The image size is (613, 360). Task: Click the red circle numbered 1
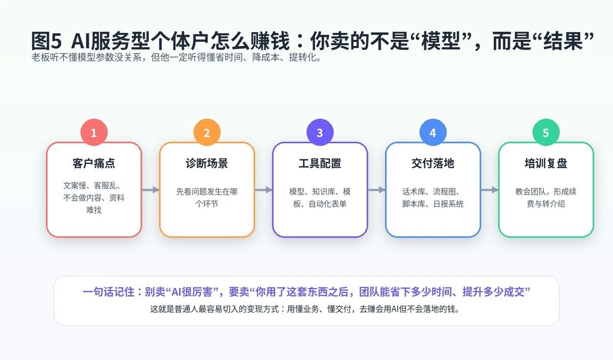94,132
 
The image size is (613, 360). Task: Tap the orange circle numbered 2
207,132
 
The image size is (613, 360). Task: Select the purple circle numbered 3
320,132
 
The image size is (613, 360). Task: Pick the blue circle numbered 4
433,132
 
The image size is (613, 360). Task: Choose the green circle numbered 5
546,132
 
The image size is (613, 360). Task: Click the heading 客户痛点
94,163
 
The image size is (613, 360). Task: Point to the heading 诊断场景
207,163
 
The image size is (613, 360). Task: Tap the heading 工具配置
320,163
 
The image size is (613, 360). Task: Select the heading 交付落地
433,163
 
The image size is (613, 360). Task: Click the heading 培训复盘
546,163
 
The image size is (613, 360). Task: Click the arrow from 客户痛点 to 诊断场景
151,190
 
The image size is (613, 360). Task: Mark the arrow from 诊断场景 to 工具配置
264,190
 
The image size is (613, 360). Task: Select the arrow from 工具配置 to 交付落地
376,190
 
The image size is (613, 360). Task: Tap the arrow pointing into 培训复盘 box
489,190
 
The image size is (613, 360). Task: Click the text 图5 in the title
46,41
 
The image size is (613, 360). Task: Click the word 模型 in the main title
441,41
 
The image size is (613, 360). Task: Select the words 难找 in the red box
94,210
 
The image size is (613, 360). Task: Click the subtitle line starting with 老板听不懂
176,57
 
